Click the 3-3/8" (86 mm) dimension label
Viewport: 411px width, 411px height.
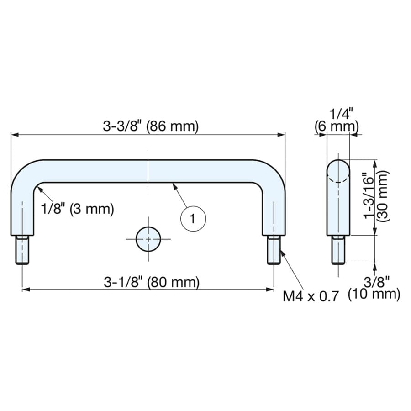(151, 126)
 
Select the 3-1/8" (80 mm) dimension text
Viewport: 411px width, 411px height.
(152, 282)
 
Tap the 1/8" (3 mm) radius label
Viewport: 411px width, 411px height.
(78, 209)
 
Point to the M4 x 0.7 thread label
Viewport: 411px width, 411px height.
(311, 296)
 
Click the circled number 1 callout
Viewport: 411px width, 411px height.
(194, 219)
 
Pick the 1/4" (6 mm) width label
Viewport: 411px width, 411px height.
(337, 121)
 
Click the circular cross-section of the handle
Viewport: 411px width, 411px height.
(148, 239)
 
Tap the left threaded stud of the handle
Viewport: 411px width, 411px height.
(22, 250)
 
